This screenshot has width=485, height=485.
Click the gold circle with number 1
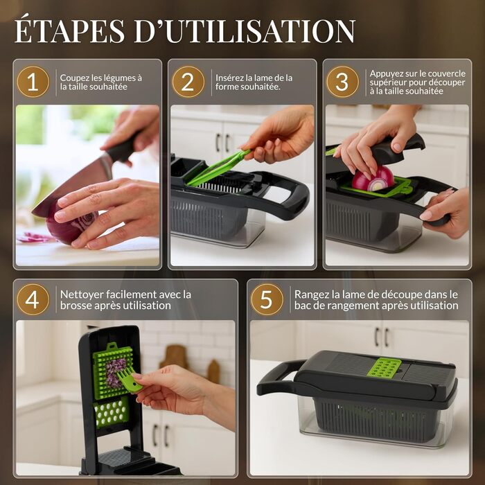point(33,82)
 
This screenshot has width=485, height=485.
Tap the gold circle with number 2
point(188,82)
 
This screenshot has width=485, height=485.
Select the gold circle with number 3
point(343,82)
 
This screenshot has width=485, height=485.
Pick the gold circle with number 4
point(33,299)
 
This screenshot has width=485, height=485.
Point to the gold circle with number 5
point(267,299)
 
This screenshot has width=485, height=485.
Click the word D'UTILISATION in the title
point(245,31)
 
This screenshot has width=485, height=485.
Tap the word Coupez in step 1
point(73,78)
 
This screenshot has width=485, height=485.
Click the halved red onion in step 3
point(373,179)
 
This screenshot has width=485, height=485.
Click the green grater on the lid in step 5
point(384,367)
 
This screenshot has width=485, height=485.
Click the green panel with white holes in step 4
point(112,412)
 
